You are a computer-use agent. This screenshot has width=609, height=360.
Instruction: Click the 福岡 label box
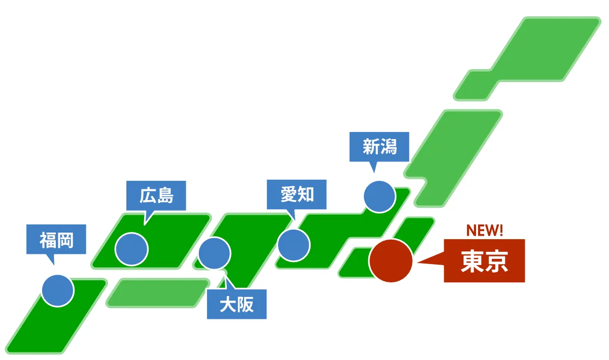(x=56, y=239)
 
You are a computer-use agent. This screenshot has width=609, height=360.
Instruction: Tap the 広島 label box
(x=156, y=195)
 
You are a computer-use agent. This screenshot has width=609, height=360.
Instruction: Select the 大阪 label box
(x=237, y=304)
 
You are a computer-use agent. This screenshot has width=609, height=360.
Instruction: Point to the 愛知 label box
(x=296, y=194)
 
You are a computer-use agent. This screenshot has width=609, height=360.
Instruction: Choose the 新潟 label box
(x=379, y=147)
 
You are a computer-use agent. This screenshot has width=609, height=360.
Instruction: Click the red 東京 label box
(x=485, y=260)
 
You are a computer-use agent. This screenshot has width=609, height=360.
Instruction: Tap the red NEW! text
(x=485, y=231)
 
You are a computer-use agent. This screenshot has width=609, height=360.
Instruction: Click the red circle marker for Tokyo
(x=391, y=260)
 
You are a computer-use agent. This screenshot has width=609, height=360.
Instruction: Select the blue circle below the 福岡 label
(x=58, y=290)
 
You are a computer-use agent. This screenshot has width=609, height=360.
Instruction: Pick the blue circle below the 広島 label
(x=131, y=249)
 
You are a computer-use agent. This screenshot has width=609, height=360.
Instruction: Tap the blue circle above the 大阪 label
(x=215, y=253)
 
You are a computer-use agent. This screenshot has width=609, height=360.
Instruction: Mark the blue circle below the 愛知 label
(x=294, y=245)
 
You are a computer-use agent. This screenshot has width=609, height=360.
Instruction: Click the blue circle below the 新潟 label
(x=379, y=197)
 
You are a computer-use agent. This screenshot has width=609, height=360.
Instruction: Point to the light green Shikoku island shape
(x=158, y=293)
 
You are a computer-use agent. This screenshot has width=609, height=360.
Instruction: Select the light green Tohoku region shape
(x=453, y=158)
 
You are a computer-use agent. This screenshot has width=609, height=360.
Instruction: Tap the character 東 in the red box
(x=472, y=261)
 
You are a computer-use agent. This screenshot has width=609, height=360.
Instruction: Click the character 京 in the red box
(x=496, y=261)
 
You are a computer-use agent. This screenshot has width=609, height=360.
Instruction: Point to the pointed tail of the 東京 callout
(x=418, y=263)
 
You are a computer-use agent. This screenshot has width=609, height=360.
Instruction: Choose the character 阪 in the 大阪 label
(x=245, y=305)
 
